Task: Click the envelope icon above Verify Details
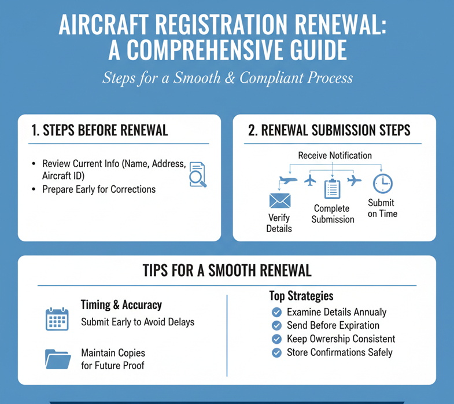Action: point(279,201)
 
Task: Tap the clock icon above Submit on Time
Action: point(382,183)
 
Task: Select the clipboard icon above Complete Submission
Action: point(332,189)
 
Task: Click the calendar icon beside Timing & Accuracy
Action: point(57,319)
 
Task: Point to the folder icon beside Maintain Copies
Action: point(57,358)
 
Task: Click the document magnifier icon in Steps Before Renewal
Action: point(197,174)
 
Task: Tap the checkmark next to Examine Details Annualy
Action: point(276,312)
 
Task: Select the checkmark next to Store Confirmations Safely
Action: point(276,352)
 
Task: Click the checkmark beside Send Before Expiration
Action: point(276,325)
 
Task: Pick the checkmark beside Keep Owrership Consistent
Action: point(276,339)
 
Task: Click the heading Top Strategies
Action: point(301,296)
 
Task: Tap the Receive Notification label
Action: point(335,155)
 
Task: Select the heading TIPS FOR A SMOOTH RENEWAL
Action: point(227,270)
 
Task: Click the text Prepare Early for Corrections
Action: point(99,189)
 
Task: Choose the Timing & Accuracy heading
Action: point(121,305)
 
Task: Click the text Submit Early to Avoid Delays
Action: point(138,322)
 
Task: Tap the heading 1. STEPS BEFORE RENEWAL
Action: point(99,130)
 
